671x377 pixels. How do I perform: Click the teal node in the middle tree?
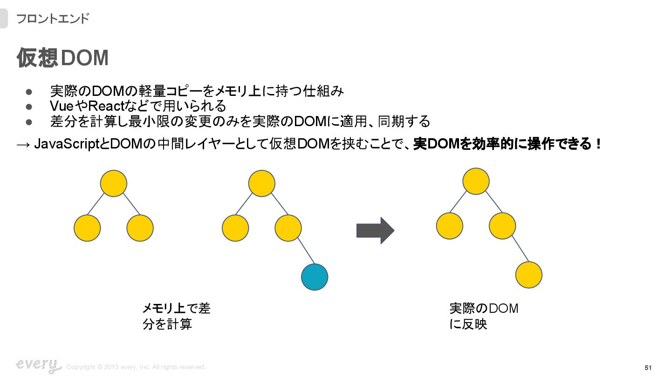pos(315,277)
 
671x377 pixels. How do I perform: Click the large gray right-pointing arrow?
pos(375,230)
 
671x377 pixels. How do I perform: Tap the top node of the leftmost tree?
pos(114,183)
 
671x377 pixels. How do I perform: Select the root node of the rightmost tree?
pos(476,181)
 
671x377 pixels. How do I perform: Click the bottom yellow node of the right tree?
pos(529,275)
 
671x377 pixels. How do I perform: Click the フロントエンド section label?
pos(52,19)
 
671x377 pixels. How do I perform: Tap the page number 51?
pos(648,368)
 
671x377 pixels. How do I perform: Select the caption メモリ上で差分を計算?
pos(176,316)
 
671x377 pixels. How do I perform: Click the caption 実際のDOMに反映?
pos(484,316)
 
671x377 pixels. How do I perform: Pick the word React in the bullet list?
pos(104,106)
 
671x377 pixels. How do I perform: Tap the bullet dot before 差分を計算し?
pos(28,122)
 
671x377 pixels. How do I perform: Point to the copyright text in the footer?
pos(136,367)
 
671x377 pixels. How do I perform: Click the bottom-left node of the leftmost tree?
pos(87,228)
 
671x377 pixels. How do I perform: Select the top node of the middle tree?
pos(261,183)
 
